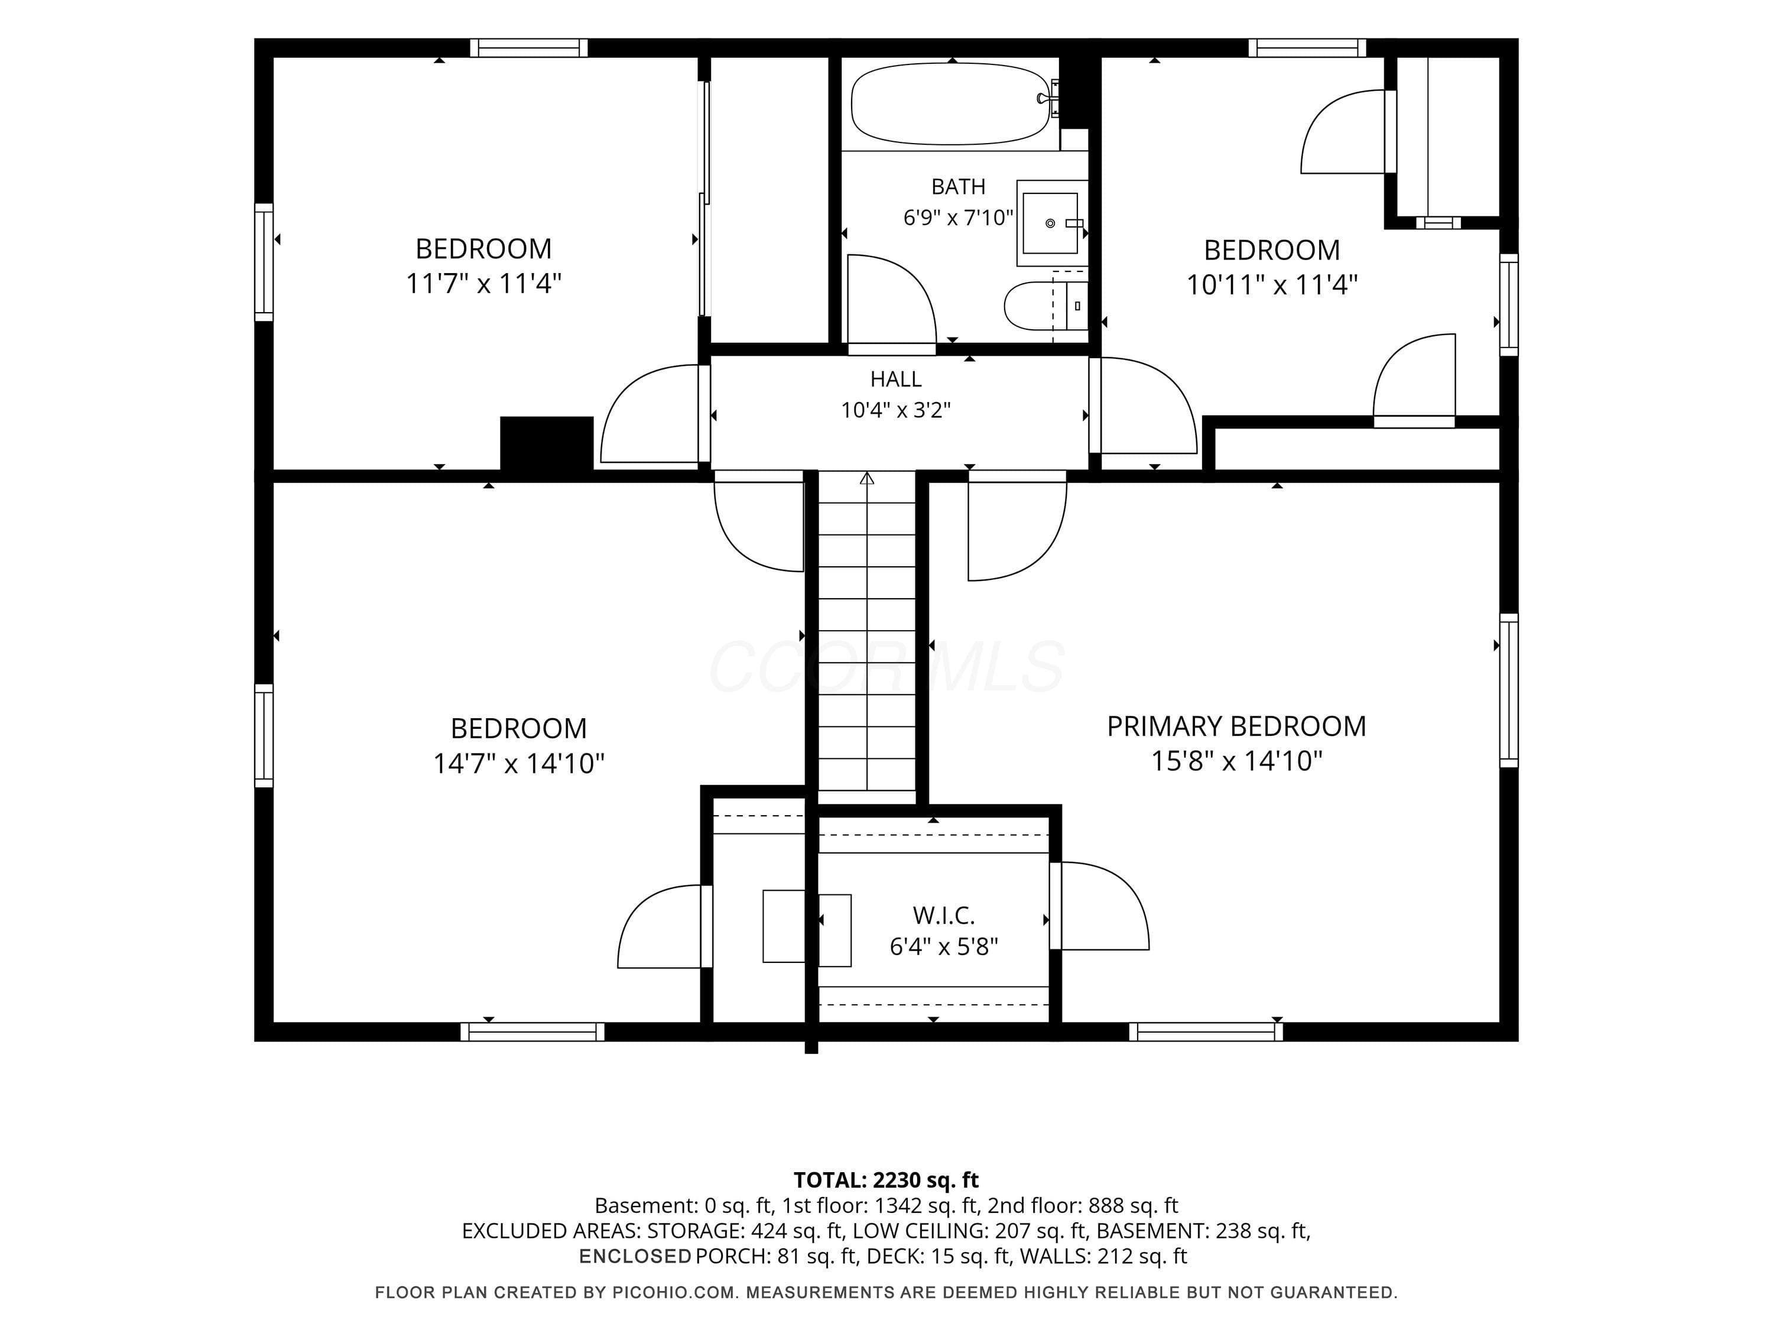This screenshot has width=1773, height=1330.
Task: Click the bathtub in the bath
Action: coord(950,104)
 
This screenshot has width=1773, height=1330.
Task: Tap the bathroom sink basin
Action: coord(1050,223)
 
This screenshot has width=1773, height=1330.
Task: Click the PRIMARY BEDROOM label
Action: coord(1236,726)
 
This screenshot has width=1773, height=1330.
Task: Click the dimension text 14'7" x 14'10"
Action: coord(518,763)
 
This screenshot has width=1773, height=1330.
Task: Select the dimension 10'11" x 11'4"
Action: coord(1272,284)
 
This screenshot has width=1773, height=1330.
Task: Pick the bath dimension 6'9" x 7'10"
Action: coord(959,218)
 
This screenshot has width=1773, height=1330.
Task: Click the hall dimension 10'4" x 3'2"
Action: coord(896,410)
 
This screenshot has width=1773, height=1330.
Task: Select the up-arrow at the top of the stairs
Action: coord(866,479)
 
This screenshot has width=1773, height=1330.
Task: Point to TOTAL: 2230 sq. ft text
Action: coord(886,1180)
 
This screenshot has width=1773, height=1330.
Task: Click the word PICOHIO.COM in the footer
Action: coord(673,1292)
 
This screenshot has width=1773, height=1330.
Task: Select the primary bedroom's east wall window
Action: coord(1508,690)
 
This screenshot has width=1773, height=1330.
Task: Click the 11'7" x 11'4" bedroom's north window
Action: coord(528,48)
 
